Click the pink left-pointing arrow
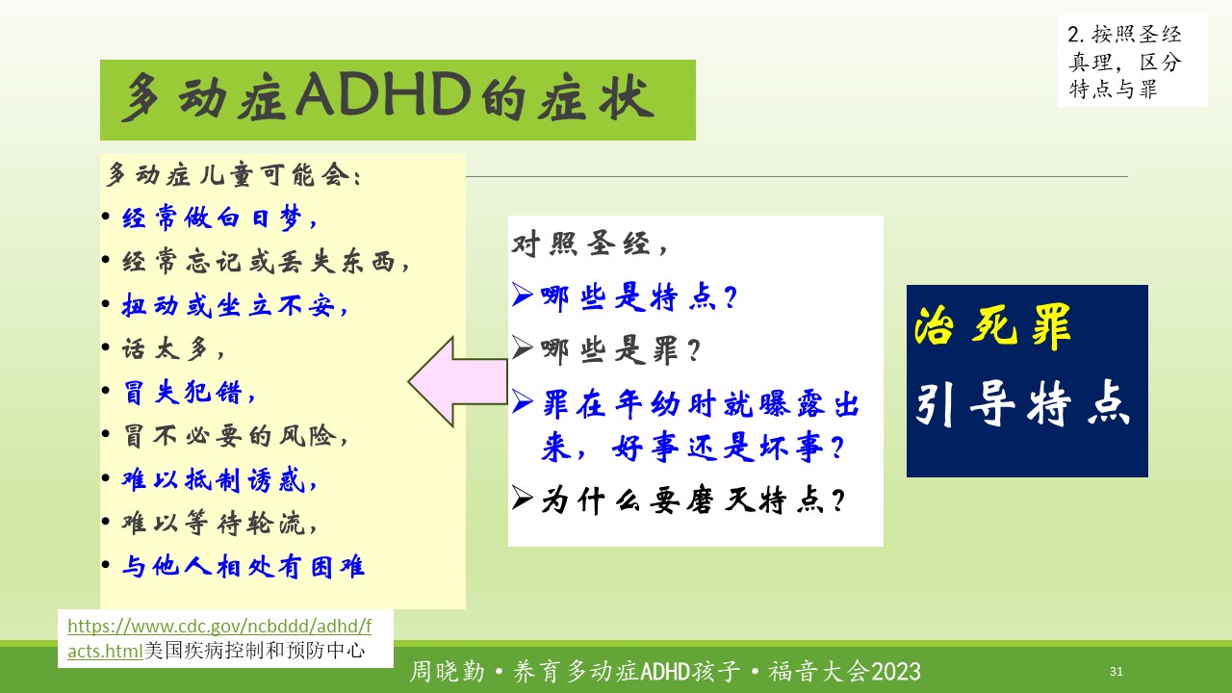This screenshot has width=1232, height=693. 457,382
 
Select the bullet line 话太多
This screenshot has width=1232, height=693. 172,348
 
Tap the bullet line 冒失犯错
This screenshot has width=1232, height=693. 189,393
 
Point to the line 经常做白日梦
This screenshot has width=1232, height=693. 219,218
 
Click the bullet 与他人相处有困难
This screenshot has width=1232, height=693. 243,567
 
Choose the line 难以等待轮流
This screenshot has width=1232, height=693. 218,523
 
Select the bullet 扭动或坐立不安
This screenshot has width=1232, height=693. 235,305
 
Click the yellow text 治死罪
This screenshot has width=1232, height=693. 992,326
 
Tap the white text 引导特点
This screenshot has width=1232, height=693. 1023,403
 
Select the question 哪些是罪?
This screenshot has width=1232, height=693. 621,350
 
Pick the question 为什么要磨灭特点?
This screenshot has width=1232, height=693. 693,500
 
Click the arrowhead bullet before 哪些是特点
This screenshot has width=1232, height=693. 522,295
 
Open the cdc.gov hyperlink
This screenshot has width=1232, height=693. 218,638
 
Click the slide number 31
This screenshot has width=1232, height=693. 1116,671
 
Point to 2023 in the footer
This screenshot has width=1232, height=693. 896,672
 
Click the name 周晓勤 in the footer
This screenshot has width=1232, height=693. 448,672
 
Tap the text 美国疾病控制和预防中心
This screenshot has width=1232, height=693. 255,651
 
